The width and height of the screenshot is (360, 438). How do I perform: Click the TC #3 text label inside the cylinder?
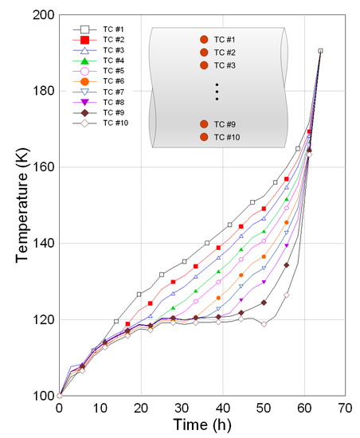coord(226,65)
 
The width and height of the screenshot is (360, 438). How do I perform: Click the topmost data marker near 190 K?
coord(320,51)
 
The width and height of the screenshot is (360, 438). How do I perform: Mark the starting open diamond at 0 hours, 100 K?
coord(60,395)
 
